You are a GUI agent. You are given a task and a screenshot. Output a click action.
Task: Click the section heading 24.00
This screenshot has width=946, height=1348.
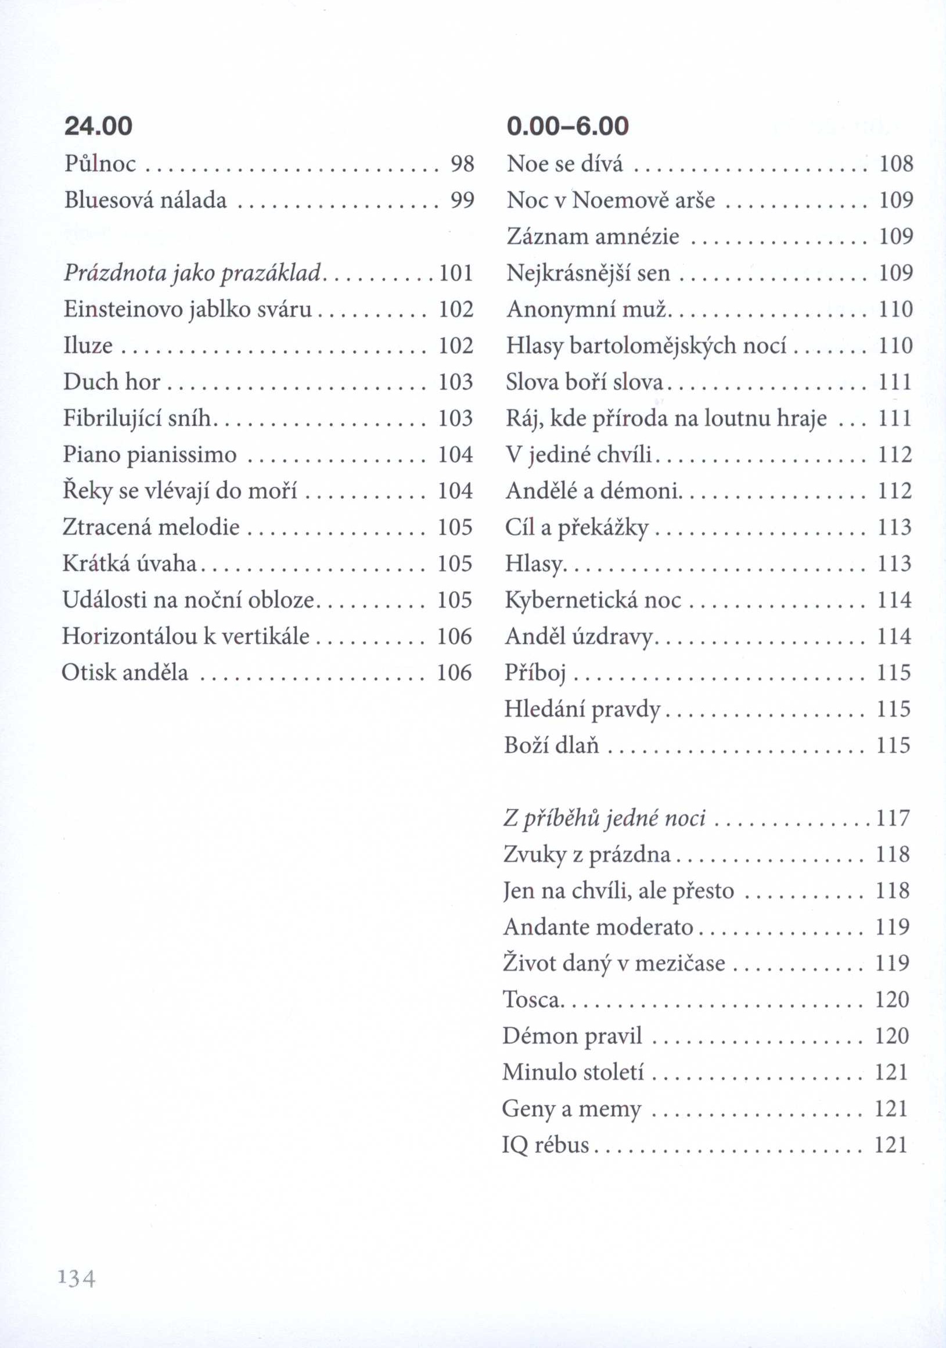pyautogui.click(x=99, y=126)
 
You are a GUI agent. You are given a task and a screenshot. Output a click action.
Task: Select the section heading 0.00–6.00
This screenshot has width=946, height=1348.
pyautogui.click(x=567, y=126)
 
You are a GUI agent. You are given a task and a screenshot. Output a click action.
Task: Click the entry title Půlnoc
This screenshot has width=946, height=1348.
pyautogui.click(x=100, y=164)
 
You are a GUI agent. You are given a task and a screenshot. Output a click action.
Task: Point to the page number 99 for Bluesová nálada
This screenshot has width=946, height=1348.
pyautogui.click(x=462, y=200)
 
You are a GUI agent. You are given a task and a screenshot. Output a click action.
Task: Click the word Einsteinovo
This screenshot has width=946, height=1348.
pyautogui.click(x=123, y=310)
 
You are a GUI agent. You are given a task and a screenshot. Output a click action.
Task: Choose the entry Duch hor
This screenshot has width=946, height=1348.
pyautogui.click(x=111, y=382)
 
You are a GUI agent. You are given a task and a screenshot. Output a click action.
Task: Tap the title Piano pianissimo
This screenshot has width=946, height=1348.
pyautogui.click(x=150, y=455)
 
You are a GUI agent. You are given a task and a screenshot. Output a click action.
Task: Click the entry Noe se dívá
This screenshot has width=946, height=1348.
pyautogui.click(x=564, y=164)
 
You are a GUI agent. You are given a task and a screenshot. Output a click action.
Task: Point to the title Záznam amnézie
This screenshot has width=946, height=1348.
pyautogui.click(x=592, y=236)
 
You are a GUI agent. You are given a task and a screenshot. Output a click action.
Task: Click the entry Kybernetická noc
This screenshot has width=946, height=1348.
pyautogui.click(x=592, y=600)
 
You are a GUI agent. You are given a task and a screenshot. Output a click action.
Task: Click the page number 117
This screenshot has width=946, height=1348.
pyautogui.click(x=893, y=818)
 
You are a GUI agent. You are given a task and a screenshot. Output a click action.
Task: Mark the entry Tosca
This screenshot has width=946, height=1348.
pyautogui.click(x=531, y=1000)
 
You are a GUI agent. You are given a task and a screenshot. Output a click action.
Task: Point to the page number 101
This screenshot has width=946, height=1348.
pyautogui.click(x=456, y=273)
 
